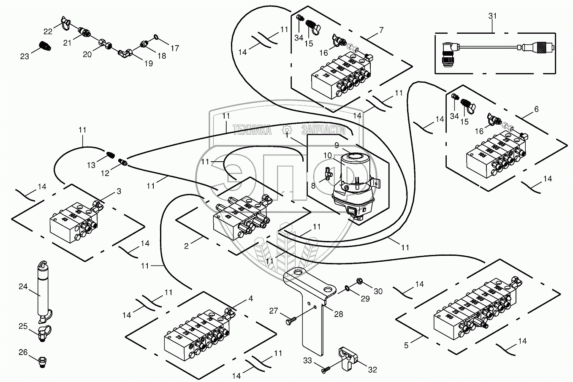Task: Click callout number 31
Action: pyautogui.click(x=492, y=16)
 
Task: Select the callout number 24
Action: pyautogui.click(x=22, y=287)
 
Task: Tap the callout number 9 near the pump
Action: pyautogui.click(x=337, y=145)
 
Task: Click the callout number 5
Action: pyautogui.click(x=407, y=345)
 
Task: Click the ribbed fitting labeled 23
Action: pyautogui.click(x=44, y=45)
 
